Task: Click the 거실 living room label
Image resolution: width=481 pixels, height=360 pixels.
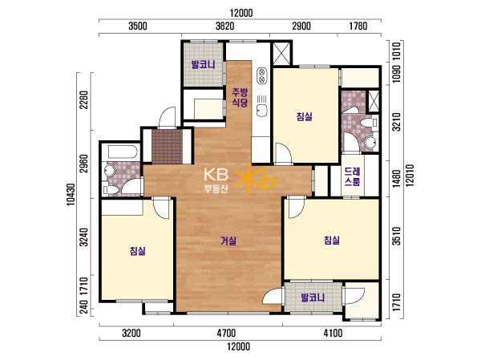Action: pos(228,241)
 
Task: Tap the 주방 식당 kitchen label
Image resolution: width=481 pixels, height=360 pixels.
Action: pos(240,97)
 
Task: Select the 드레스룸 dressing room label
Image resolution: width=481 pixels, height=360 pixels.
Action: pos(352,176)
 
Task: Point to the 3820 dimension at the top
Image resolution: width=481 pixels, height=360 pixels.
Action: pos(224,26)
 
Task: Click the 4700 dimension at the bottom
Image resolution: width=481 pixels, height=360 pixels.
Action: pos(226,333)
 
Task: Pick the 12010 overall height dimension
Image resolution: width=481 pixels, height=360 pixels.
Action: pos(410,176)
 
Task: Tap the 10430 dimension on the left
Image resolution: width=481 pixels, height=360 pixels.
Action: pos(71,194)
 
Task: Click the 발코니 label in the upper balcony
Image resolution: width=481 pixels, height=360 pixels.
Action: pos(203,65)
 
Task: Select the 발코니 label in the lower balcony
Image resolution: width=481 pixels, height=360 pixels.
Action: pos(313,297)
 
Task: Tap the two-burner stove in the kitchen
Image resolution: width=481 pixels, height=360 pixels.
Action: pos(261,75)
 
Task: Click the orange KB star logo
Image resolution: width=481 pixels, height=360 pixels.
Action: pos(255,180)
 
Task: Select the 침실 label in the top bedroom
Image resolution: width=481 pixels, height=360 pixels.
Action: pos(305,116)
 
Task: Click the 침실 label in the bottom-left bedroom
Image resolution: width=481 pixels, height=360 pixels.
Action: pos(137,251)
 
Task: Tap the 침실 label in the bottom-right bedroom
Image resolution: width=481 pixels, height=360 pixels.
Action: pos(332,240)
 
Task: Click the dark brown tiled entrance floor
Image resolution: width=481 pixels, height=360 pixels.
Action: pos(168,147)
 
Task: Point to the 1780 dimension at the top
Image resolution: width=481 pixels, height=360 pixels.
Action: pos(358,26)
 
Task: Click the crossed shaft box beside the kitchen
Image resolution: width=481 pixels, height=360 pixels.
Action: pos(281,53)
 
